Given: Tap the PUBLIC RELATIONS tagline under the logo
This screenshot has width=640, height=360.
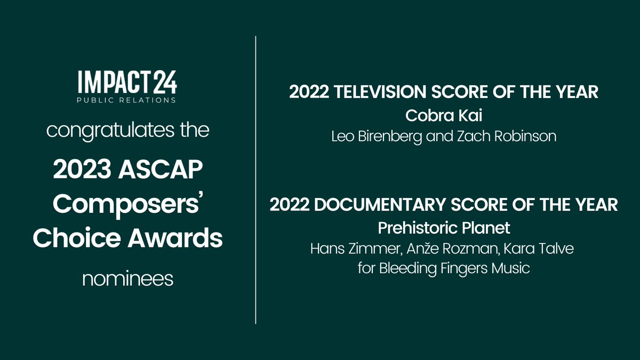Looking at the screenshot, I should (x=127, y=100).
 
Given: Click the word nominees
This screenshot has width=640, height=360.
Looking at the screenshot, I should (x=128, y=278).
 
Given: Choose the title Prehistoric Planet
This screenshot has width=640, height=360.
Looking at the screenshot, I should (x=444, y=228).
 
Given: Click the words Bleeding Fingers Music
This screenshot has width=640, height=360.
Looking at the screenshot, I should (x=454, y=269).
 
